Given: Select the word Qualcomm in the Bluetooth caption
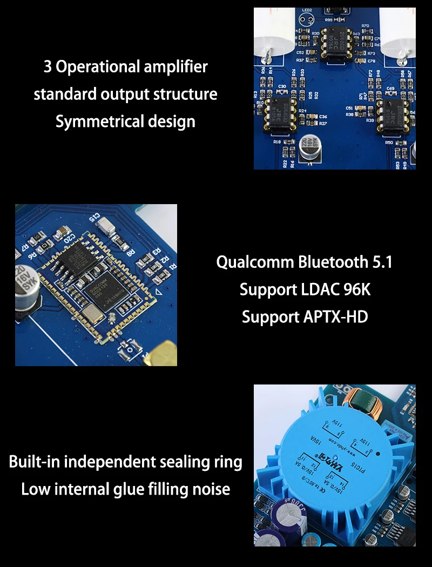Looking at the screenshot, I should (254, 262).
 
